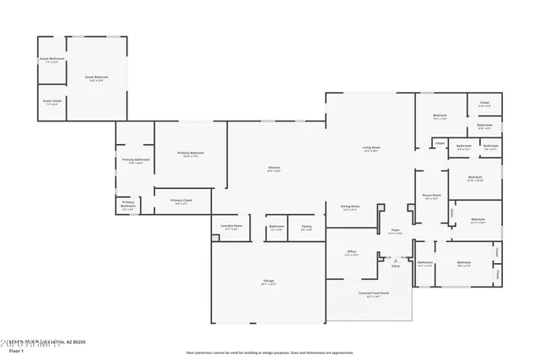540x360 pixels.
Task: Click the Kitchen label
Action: pyautogui.click(x=274, y=169)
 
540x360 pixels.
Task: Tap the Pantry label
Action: pyautogui.click(x=306, y=226)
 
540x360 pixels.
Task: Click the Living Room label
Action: pyautogui.click(x=371, y=148)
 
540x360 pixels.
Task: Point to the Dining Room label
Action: pyautogui.click(x=350, y=207)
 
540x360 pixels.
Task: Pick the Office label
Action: pyautogui.click(x=352, y=252)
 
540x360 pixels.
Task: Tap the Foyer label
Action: pyautogui.click(x=394, y=231)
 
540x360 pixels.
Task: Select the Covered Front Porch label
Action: pyautogui.click(x=372, y=293)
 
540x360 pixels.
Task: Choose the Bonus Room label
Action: pyautogui.click(x=432, y=196)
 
